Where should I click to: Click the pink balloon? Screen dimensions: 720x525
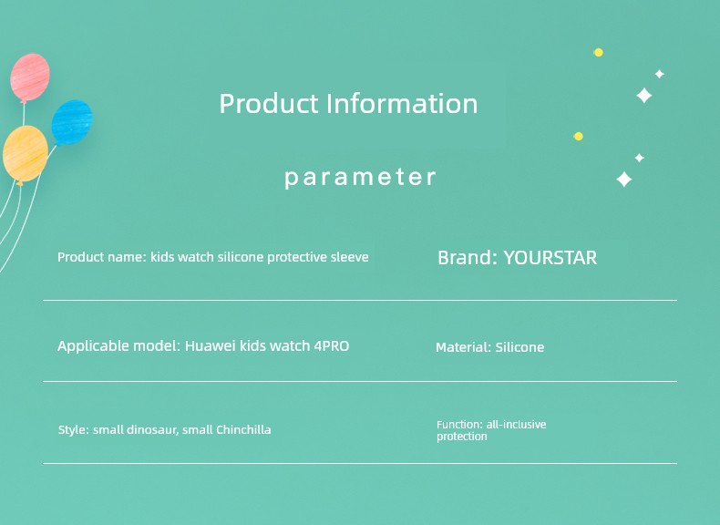pyautogui.click(x=30, y=77)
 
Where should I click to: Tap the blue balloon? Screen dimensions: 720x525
pyautogui.click(x=72, y=122)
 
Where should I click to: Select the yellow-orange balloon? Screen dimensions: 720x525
pyautogui.click(x=26, y=155)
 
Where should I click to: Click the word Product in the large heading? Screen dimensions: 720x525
pyautogui.click(x=269, y=104)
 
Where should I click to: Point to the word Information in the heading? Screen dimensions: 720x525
pyautogui.click(x=402, y=104)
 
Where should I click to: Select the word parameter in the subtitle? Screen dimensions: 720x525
pyautogui.click(x=360, y=178)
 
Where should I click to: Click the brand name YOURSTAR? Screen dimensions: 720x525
pyautogui.click(x=550, y=258)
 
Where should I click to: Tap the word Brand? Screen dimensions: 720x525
pyautogui.click(x=465, y=258)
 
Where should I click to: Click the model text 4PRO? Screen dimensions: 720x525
pyautogui.click(x=332, y=345)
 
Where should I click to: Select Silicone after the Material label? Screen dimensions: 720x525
pyautogui.click(x=519, y=347)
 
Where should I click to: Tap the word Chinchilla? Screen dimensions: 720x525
pyautogui.click(x=243, y=430)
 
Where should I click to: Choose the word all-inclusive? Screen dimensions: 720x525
pyautogui.click(x=516, y=425)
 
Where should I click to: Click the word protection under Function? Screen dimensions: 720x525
pyautogui.click(x=461, y=437)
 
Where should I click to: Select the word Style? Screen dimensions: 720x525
pyautogui.click(x=72, y=430)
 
